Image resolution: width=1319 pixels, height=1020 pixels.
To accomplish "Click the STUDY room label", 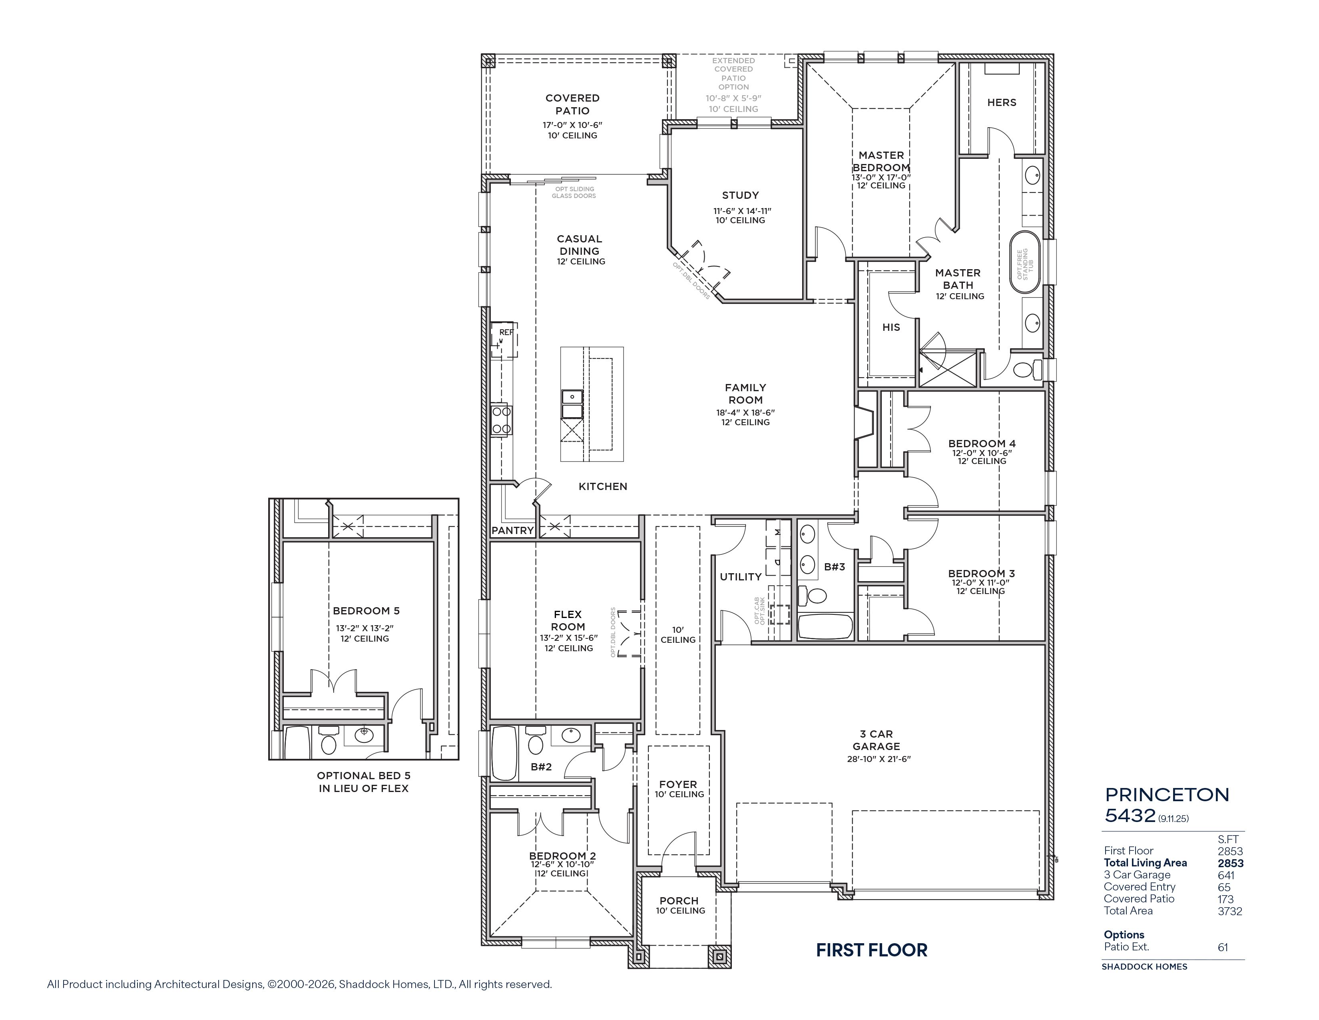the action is coord(740,195).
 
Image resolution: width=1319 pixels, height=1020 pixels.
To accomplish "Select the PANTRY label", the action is coord(512,530).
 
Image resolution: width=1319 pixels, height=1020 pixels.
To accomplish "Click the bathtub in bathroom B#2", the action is coord(505,753).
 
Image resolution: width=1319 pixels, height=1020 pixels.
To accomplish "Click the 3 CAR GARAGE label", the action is coord(876,740).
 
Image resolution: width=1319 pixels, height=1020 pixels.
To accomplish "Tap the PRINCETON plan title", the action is coord(1167,795).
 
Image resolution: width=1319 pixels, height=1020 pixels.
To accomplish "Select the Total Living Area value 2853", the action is coord(1230,863).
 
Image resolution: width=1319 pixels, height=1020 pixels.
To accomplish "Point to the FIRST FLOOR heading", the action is coord(871,950).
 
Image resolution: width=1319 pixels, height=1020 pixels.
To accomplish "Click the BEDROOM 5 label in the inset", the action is coord(366,611).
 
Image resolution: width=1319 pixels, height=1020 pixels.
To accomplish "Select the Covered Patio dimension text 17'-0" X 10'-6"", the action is coord(572,125).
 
